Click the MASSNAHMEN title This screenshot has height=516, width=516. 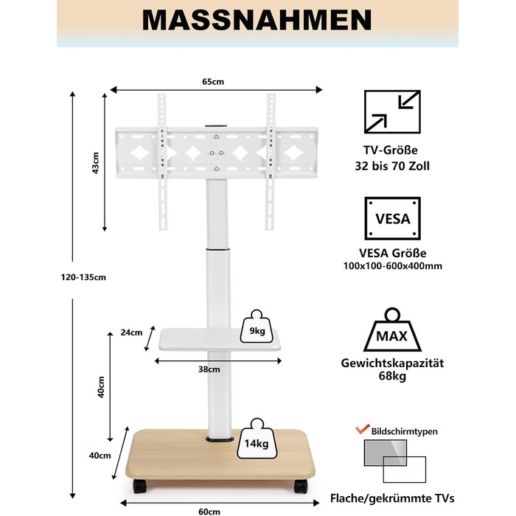[x=258, y=20]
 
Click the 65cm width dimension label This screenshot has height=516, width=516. [x=214, y=82]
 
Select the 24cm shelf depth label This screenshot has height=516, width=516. [x=131, y=332]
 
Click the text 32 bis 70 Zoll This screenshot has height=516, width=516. [x=393, y=167]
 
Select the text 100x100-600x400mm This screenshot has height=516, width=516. [x=393, y=265]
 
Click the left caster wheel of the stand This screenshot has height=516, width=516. [x=140, y=487]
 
